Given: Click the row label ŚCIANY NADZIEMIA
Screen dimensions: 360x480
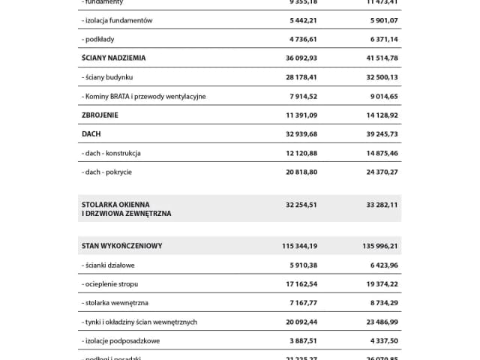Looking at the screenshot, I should pos(113,57).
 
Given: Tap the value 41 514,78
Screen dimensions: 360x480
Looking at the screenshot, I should pos(377,57).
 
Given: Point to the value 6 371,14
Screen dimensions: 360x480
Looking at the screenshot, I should pos(379,39).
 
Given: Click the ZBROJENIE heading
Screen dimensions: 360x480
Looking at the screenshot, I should pos(100,115).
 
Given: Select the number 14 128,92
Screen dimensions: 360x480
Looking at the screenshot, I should pos(377,115).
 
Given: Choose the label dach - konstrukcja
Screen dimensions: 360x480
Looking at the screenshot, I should pos(112,153).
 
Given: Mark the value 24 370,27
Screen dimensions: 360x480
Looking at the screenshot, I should pos(377,172).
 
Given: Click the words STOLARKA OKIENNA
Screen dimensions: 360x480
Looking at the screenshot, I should pos(115,204).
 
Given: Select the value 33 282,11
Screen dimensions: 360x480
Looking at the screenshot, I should pos(377,204).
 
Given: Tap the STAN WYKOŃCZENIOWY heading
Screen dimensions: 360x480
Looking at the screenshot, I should pos(122,245).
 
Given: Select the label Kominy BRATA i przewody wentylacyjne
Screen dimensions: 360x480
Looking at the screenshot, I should pos(143,96).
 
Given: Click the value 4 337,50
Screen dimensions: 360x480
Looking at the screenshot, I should pos(379,340).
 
